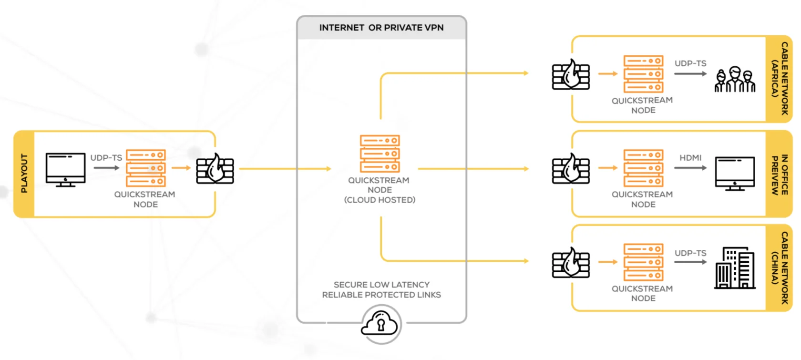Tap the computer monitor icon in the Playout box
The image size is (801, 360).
click(65, 169)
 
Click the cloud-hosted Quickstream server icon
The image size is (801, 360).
click(380, 154)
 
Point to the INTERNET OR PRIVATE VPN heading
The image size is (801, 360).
click(381, 28)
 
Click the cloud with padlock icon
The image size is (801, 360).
click(380, 325)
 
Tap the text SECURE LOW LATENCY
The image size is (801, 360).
click(381, 285)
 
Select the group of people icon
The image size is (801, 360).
click(735, 79)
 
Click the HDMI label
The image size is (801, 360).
click(690, 158)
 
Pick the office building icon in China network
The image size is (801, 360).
click(735, 268)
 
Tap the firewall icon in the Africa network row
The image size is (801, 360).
click(571, 75)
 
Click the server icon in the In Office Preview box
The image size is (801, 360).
click(643, 168)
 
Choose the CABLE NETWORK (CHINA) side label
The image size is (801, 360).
click(780, 268)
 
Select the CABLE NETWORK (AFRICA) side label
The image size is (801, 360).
click(780, 79)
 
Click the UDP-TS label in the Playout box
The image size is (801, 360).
click(106, 158)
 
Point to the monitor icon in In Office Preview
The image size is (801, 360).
click(735, 173)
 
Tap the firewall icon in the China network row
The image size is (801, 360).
click(571, 263)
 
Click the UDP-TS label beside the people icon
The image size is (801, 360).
click(690, 63)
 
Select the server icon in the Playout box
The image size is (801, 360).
click(145, 168)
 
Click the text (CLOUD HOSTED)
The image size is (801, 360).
click(380, 200)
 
